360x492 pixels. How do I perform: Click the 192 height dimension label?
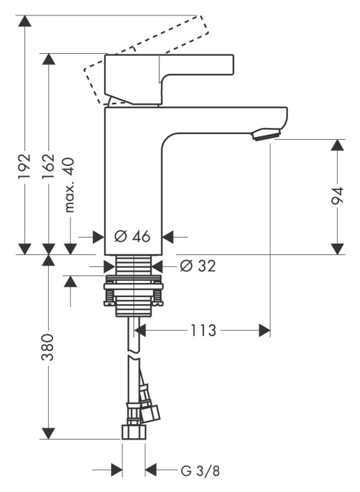click(24, 166)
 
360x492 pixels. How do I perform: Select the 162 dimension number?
click(49, 166)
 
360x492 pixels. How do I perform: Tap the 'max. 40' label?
click(69, 185)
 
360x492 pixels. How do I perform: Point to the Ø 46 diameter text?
click(132, 236)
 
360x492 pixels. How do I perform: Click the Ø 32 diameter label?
click(198, 266)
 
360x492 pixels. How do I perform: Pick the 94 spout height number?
click(338, 196)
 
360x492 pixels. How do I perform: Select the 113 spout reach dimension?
click(203, 330)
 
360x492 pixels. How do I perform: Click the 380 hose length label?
click(48, 347)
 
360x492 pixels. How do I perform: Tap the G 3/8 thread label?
click(201, 470)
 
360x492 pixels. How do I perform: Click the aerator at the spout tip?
click(266, 134)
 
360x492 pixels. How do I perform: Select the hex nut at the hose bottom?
click(134, 432)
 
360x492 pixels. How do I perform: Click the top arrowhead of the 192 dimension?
click(24, 21)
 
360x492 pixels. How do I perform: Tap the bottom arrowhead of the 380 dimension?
click(48, 433)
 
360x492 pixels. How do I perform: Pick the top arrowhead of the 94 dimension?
click(338, 145)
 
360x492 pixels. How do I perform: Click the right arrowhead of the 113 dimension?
click(264, 330)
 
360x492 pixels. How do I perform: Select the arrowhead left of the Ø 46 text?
click(99, 237)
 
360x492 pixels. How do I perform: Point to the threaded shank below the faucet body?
click(134, 266)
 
